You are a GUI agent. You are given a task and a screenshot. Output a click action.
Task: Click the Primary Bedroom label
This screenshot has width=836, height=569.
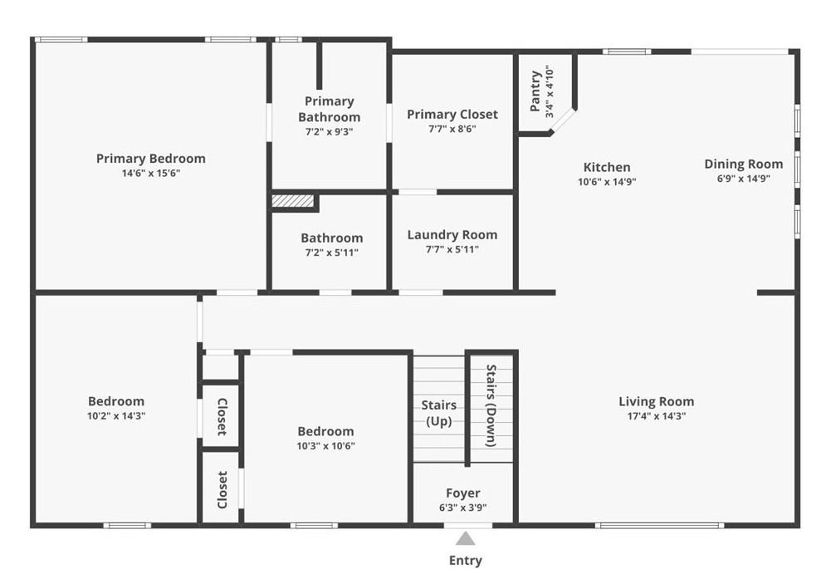pos(151,159)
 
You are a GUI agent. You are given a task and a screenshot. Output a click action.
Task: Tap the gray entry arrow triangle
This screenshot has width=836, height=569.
pos(466,538)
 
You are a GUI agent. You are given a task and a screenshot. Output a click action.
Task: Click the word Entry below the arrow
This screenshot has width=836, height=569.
pos(466,561)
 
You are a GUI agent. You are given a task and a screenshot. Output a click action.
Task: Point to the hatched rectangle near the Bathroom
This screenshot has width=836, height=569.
pos(293,200)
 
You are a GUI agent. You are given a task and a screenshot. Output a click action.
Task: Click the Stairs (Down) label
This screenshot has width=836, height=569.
pos(491,406)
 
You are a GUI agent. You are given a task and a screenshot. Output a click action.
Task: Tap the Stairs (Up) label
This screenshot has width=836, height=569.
pos(439,414)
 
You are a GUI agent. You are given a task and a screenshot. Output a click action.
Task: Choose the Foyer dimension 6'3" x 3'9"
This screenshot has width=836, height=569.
pos(462,508)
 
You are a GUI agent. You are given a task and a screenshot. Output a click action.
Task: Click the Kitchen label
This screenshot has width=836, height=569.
pos(607,167)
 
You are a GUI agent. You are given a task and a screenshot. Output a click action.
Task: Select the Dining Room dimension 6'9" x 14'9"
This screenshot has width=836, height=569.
pos(743,179)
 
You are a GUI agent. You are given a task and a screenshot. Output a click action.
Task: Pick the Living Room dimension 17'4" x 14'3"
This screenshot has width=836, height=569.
pos(657,416)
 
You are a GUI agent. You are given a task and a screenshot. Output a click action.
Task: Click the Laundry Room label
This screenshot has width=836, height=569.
pos(452,234)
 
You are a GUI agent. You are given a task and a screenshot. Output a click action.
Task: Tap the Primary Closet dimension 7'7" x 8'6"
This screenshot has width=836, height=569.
pos(452,129)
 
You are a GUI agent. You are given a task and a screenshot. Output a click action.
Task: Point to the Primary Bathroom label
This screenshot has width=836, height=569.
pos(329,109)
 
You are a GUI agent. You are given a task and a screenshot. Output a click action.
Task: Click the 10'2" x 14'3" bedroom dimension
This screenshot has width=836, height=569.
pos(116,416)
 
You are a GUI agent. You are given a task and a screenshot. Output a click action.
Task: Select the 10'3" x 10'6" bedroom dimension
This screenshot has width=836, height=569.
pos(325,446)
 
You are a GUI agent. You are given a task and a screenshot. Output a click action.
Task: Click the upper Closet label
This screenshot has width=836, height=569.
pos(222,416)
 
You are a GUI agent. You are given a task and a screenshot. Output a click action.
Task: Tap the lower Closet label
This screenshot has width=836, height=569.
pos(222,489)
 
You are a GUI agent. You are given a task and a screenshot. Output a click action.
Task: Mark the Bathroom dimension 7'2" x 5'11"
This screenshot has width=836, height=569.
pos(331,253)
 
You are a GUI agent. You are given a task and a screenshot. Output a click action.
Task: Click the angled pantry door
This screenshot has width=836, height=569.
pos(563,120)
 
